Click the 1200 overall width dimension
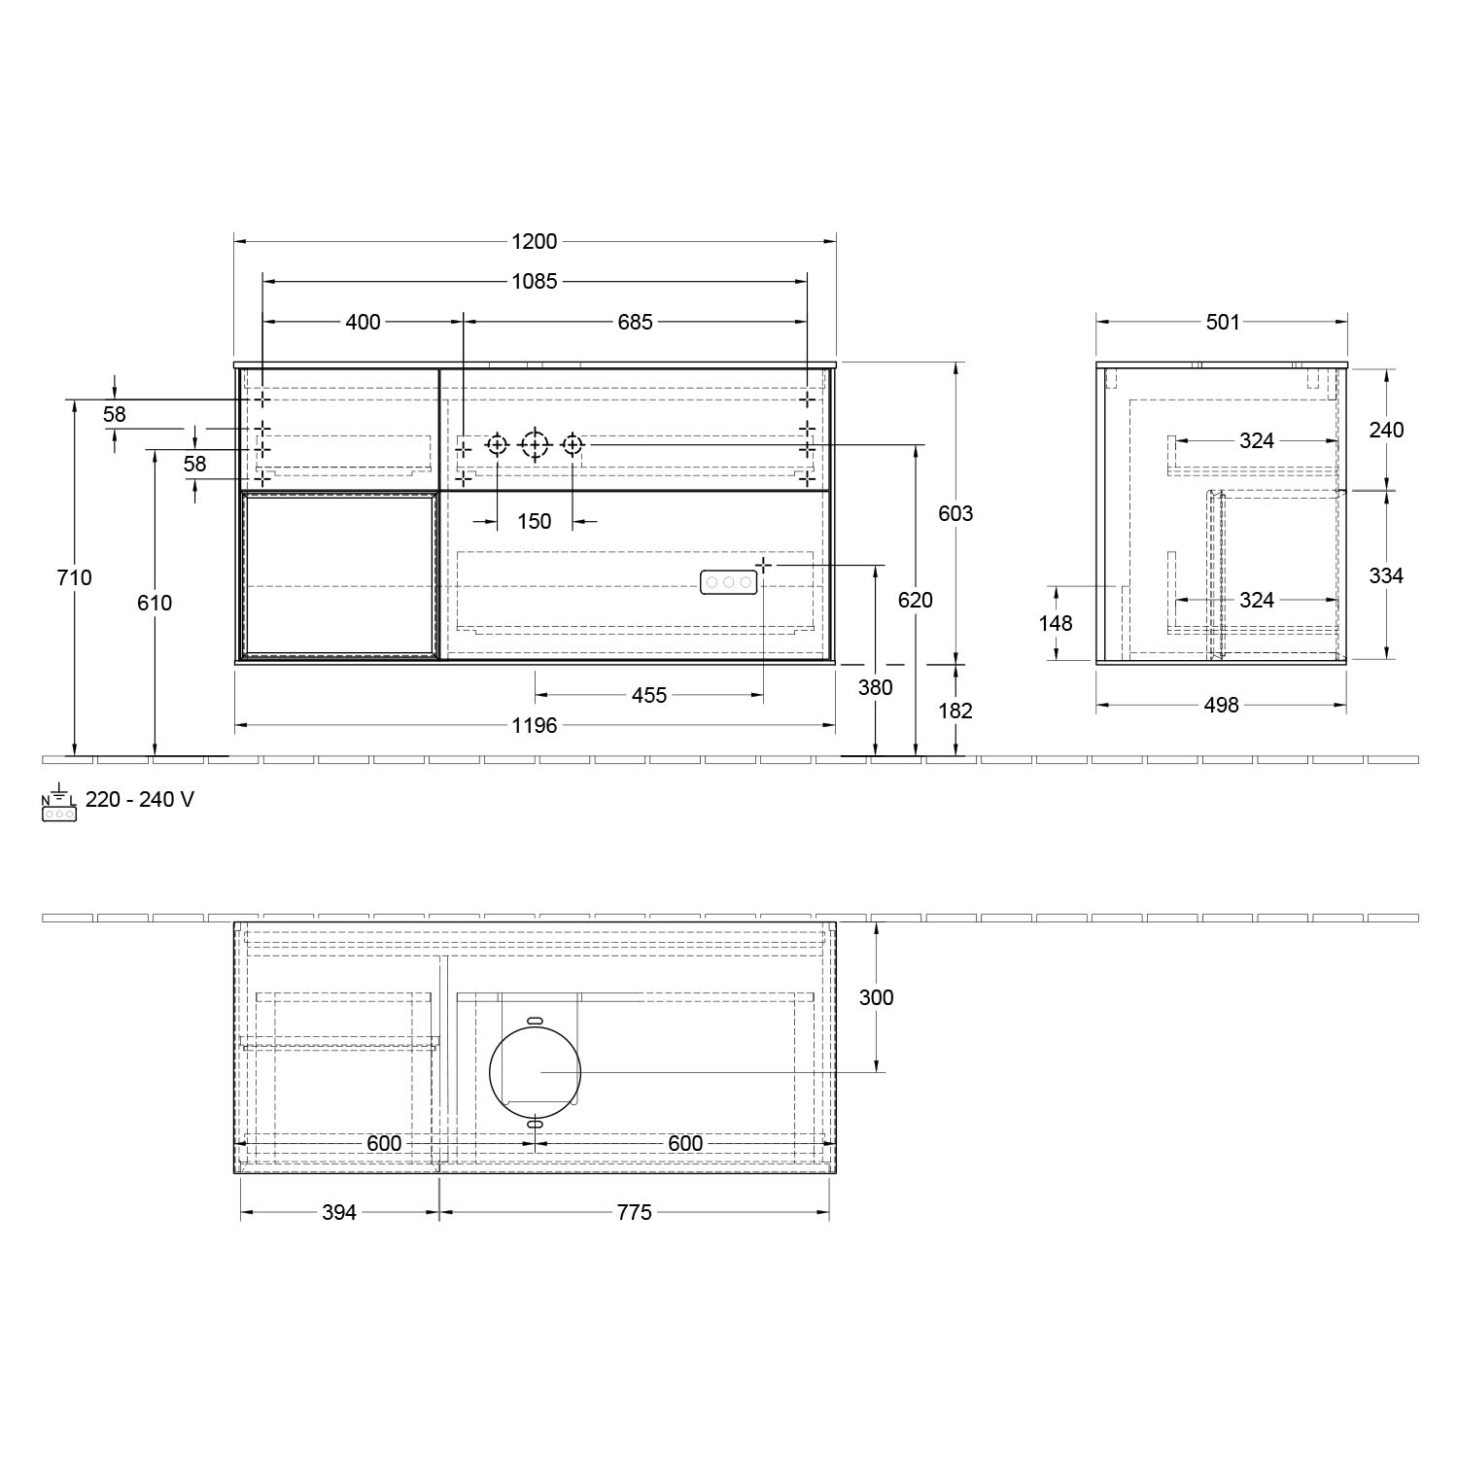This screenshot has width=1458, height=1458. [x=534, y=242]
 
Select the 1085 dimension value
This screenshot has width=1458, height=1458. [x=534, y=282]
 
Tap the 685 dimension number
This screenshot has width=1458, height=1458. [x=635, y=322]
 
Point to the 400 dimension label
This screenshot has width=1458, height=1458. [x=364, y=322]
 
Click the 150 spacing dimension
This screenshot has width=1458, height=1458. [x=534, y=522]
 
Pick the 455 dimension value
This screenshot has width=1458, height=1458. [x=649, y=695]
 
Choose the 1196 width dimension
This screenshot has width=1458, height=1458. [x=534, y=725]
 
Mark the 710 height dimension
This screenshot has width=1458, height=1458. [x=75, y=577]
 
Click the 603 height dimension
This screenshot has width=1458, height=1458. [x=955, y=513]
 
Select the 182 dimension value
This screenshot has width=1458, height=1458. [x=955, y=711]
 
